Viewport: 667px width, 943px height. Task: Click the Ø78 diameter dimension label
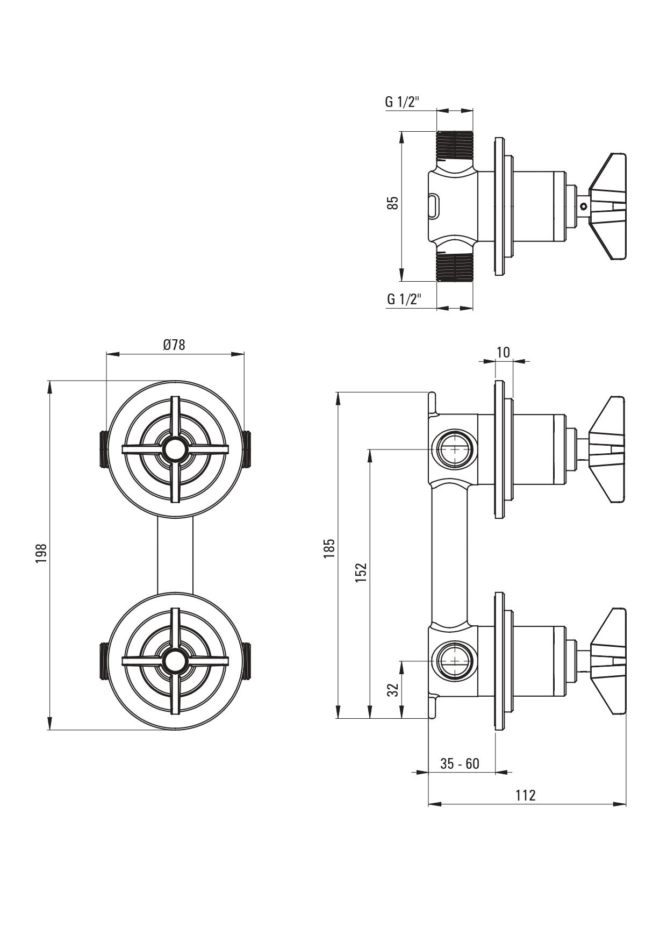coord(174,345)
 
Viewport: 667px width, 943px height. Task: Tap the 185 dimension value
coord(329,548)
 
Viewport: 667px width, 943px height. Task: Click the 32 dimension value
coord(394,690)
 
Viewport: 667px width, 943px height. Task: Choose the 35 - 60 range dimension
coord(460,763)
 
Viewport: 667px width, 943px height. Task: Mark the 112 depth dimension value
coord(525,795)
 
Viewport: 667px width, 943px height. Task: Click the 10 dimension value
coord(503,353)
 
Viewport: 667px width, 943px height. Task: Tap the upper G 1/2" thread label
coord(401,102)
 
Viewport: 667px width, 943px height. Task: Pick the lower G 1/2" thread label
coord(404,299)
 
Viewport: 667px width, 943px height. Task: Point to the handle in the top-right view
coord(608,206)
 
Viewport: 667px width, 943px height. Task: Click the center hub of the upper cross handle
coord(174,449)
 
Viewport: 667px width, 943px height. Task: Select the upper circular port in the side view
coord(455,448)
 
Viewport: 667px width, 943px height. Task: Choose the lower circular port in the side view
coord(455,660)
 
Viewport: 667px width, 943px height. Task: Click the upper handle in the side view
coord(608,449)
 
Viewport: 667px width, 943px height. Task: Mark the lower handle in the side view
coord(608,661)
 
